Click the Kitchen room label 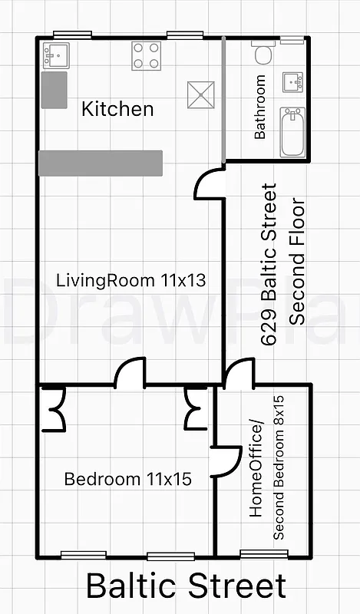pos(117,109)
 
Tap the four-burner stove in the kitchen pos(146,55)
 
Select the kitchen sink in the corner pos(56,54)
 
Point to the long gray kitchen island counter pos(101,163)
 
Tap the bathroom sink pos(292,81)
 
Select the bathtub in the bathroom pos(292,131)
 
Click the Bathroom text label pos(260,107)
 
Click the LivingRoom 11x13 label pos(131,280)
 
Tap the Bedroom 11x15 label pos(127,480)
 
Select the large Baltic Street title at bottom pos(186,586)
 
